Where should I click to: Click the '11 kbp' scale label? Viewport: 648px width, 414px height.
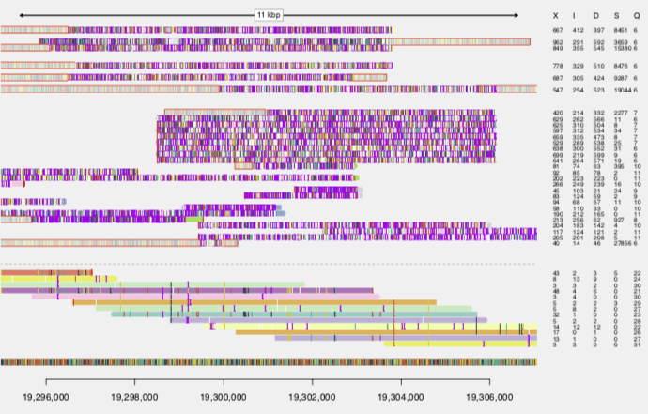269,15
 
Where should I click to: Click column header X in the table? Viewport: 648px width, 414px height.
557,15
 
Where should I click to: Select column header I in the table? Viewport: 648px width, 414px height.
579,15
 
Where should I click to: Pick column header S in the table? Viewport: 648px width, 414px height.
619,15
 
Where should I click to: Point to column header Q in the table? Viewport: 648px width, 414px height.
636,15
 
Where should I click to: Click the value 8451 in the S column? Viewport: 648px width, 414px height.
619,30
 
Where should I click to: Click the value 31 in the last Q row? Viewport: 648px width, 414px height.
636,345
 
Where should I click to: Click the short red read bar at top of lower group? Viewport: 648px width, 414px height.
47,272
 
